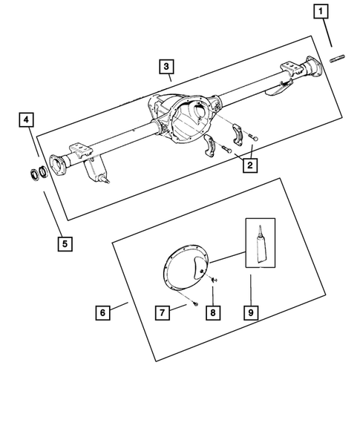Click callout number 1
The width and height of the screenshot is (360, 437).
tap(321, 11)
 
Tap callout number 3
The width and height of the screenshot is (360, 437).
tap(167, 66)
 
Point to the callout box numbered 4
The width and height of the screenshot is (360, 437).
tap(26, 119)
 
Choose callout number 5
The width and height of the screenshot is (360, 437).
tap(66, 242)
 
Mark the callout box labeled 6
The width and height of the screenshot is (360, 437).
tap(102, 312)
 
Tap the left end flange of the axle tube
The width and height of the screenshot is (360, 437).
tap(55, 162)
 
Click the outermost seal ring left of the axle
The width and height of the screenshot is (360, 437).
tap(33, 174)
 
